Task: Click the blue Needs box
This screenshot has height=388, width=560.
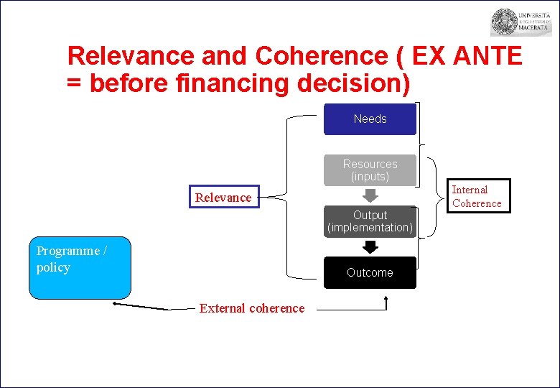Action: [370, 119]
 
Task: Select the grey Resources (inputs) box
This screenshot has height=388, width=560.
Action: [370, 170]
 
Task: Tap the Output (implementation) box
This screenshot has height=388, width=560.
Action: [370, 221]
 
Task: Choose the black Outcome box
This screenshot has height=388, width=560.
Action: [370, 272]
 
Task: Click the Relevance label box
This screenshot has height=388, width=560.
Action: [223, 198]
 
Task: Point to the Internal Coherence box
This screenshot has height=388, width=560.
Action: [476, 197]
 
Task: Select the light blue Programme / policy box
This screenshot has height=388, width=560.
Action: [80, 267]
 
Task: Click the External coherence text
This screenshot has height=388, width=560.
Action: [251, 308]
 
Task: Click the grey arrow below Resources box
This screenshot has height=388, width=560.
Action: [370, 195]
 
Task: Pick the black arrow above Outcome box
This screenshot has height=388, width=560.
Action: [370, 246]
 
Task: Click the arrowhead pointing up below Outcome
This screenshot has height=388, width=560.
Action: [386, 297]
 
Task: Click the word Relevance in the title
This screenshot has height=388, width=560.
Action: [131, 56]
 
